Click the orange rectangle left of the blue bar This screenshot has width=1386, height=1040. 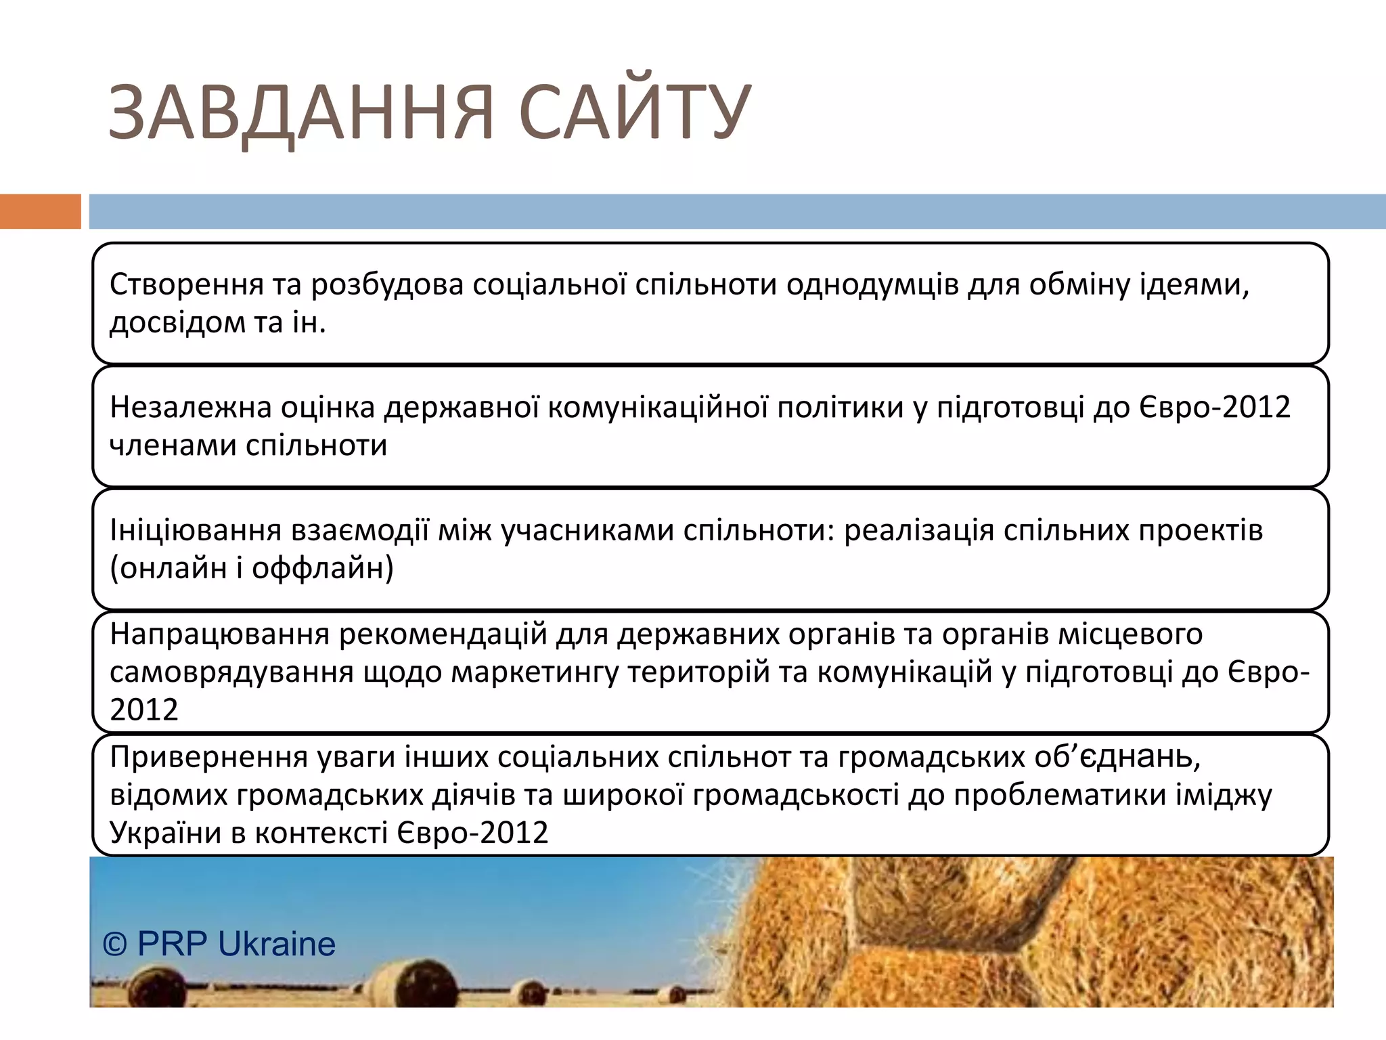point(40,211)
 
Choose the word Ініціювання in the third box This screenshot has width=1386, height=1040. point(195,530)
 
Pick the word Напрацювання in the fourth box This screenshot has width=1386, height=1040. point(219,634)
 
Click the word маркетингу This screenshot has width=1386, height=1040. point(534,672)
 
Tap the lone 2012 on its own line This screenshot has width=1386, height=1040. point(143,710)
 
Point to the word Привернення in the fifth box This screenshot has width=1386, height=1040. point(208,757)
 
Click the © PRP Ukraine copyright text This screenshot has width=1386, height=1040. point(219,944)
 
